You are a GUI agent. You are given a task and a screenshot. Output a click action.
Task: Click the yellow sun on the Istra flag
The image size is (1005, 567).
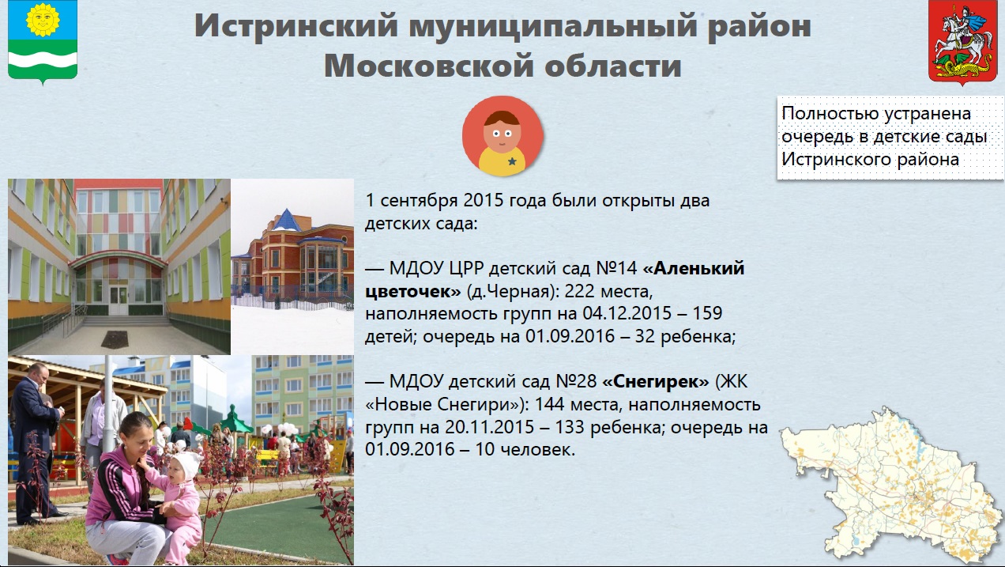point(43,20)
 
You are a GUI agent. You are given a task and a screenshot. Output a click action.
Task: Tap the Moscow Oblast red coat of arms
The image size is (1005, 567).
point(962,42)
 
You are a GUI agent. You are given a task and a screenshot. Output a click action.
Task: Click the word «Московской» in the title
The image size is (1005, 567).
point(428,66)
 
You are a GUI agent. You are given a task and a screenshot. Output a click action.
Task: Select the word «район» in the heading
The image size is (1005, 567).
point(759,26)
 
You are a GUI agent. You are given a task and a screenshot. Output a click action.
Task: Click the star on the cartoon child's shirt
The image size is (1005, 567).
point(512,161)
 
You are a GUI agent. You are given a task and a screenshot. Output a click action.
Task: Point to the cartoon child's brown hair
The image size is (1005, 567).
point(502,118)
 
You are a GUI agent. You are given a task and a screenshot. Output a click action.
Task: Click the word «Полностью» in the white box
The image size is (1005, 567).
point(830,114)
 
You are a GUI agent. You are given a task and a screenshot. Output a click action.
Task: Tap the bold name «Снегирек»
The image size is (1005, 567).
point(655,382)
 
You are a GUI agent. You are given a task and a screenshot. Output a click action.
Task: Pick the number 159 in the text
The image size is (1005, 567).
point(708,313)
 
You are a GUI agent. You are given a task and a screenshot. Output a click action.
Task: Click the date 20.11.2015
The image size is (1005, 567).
point(490,427)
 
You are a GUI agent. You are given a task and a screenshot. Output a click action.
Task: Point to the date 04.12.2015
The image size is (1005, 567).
point(627,313)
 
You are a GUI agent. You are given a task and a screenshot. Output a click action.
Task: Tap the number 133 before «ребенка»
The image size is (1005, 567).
point(570,427)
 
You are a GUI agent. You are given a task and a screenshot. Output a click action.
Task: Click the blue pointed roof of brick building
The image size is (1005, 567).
point(287,220)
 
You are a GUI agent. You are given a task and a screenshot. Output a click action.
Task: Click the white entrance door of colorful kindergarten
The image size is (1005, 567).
point(119,299)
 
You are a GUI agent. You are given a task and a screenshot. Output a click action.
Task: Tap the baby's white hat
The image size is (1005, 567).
point(188,464)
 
